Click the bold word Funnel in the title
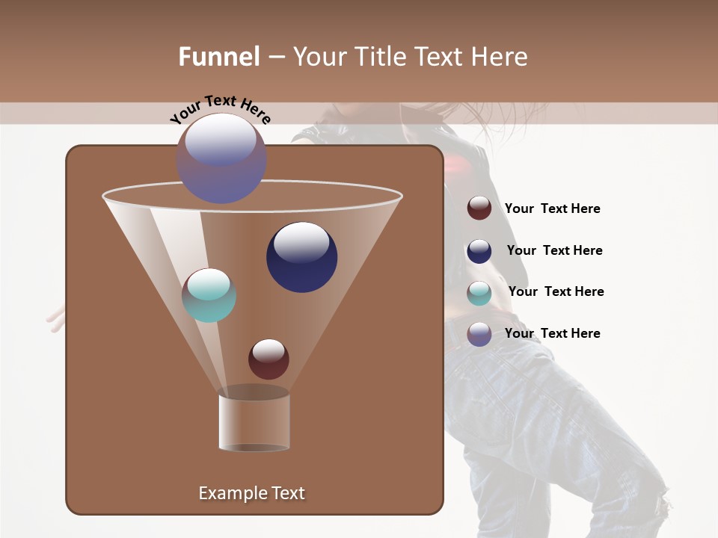coord(218,57)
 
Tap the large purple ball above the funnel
coord(221,158)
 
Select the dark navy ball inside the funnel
coord(301,257)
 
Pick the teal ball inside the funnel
coord(209,295)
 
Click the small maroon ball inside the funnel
coord(269,359)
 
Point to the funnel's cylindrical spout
coord(254,422)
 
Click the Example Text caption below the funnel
coord(251,493)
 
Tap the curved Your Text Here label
coord(221,109)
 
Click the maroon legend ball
coord(479,208)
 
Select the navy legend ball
coord(479,251)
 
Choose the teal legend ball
coord(479,293)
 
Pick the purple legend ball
coord(479,334)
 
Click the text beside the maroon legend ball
coord(552,209)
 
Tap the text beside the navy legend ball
coord(554,250)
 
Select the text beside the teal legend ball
coord(556,291)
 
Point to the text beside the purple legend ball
coord(552,333)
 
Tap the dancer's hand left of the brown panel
coord(56,319)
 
